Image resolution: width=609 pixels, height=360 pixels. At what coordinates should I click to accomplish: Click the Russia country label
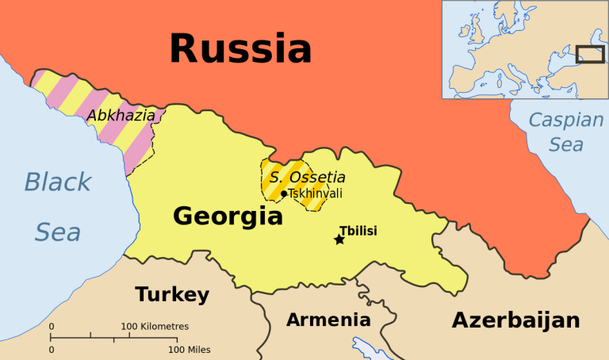coord(240,48)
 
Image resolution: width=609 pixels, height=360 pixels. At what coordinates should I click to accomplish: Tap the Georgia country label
coord(228,216)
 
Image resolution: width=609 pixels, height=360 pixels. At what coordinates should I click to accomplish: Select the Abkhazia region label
coord(121,116)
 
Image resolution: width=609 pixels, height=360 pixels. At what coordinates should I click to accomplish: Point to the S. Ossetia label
coord(307,177)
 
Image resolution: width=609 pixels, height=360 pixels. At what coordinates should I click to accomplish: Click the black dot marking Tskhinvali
coord(284,193)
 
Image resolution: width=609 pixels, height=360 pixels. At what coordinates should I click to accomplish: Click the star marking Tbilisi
coord(339,239)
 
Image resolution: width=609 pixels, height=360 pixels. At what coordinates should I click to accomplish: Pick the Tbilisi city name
coord(358,230)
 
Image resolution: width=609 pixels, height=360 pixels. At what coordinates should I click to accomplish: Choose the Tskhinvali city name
coord(316,193)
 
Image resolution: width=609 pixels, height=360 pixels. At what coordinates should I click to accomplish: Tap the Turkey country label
coord(172,295)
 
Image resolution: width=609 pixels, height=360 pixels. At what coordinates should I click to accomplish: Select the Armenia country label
coord(328,320)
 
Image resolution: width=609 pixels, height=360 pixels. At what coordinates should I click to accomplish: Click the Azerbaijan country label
coord(515,320)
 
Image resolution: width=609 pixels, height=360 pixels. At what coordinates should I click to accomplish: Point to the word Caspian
coord(566,121)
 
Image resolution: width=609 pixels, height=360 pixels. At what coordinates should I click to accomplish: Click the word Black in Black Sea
coord(57,182)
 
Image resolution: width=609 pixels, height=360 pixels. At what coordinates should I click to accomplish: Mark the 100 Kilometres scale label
coord(155,326)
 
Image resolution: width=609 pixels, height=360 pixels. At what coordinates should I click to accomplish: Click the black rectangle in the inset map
coord(589,54)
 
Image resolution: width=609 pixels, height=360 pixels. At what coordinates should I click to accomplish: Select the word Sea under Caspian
coord(566,145)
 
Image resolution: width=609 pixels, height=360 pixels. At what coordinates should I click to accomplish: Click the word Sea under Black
coord(57,232)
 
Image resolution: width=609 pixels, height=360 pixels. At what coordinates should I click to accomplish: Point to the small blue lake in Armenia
coord(366,346)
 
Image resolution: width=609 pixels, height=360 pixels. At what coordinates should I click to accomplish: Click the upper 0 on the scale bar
coord(52,326)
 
